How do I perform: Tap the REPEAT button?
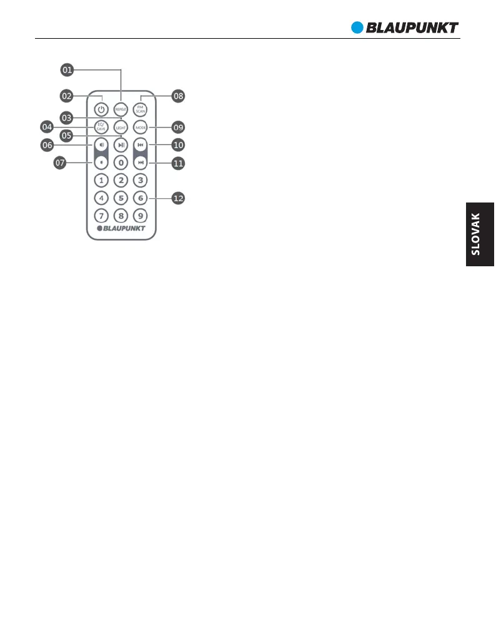[121, 109]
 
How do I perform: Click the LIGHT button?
[121, 127]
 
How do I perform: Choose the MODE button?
[141, 127]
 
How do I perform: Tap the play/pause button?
[121, 145]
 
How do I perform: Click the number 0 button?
[121, 162]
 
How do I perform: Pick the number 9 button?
[141, 216]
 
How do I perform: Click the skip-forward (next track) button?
[141, 162]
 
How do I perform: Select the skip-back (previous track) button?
[141, 145]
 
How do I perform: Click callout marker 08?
[179, 96]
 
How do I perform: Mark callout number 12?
[179, 198]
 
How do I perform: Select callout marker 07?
[60, 162]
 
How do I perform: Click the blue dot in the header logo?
[357, 27]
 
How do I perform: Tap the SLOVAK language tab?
[479, 234]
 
